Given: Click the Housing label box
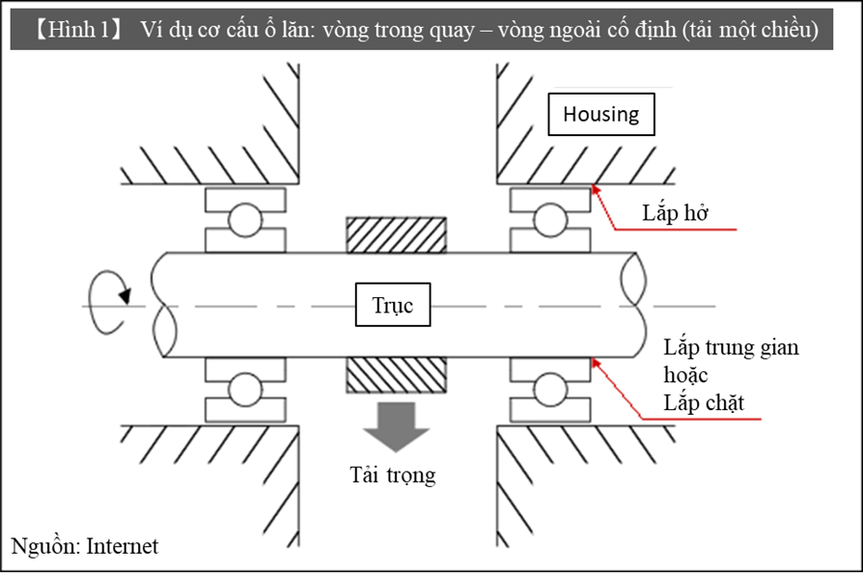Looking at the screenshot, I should pos(601,114).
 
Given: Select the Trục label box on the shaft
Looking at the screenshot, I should pos(393,306).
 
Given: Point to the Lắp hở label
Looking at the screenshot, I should pos(676,213).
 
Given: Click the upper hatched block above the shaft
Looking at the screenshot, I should pos(396,234).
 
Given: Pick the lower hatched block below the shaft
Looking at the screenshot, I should pos(396,377).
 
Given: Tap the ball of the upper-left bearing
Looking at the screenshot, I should pos(245,220).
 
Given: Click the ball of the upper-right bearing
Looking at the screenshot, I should pos(551,220).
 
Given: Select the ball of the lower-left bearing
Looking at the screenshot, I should pos(245,391).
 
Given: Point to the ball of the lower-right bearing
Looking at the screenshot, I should pos(551,391).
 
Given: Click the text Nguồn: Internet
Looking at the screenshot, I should pos(85,546).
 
